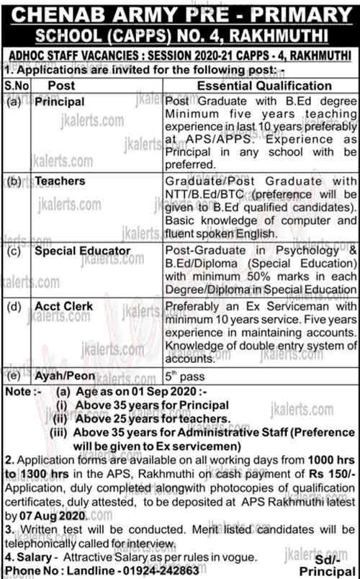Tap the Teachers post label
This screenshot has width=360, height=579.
[61, 181]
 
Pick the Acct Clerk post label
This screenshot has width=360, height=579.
[66, 307]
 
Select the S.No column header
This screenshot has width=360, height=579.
[14, 86]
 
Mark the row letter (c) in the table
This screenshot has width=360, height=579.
[14, 251]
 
